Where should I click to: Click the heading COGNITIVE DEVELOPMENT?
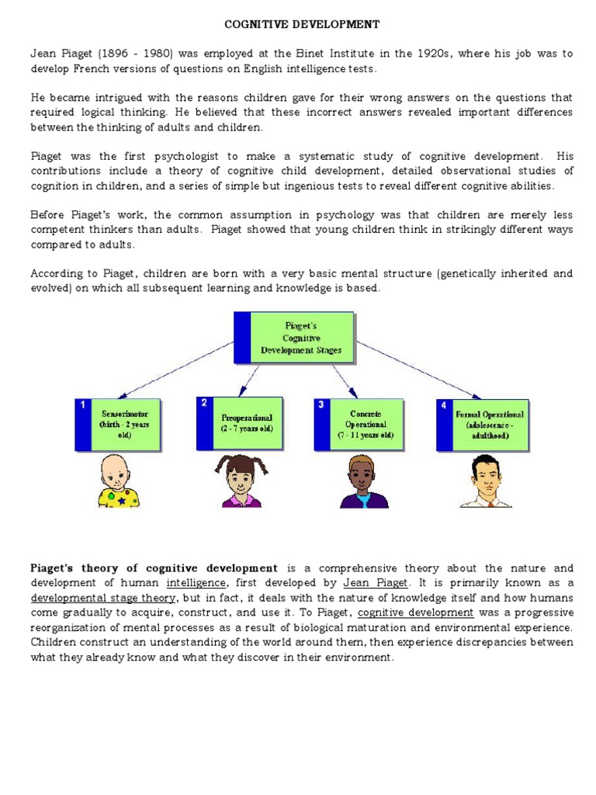(x=302, y=24)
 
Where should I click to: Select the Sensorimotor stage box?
(x=118, y=425)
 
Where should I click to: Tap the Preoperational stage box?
(x=240, y=423)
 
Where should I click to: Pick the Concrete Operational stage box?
(x=359, y=425)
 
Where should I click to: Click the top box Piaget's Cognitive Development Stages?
(x=294, y=338)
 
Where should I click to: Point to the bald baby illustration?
(x=118, y=482)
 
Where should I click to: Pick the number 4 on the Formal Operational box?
(x=444, y=405)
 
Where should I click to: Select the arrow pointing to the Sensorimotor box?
(x=178, y=368)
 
